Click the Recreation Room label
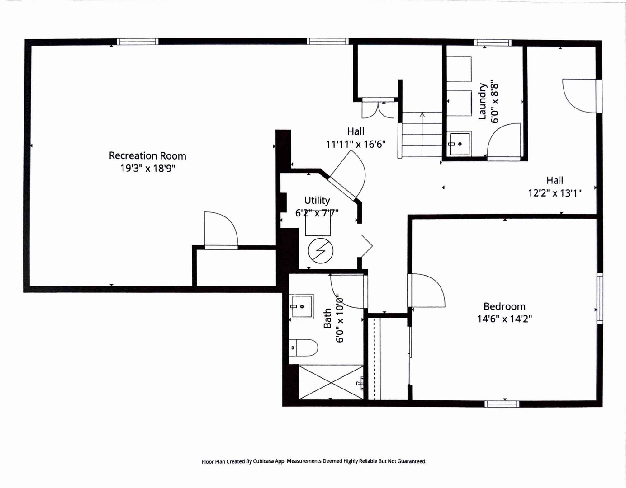[x=147, y=156]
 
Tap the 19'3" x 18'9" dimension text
[x=147, y=168]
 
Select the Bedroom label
[x=504, y=306]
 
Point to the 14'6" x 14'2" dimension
[x=504, y=319]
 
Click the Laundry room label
[x=482, y=101]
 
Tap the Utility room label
[x=317, y=200]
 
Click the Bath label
[x=327, y=318]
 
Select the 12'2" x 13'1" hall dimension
[x=555, y=193]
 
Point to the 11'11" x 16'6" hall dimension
[x=356, y=144]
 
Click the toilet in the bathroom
[x=303, y=347]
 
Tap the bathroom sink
[x=301, y=306]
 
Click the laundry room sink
[x=460, y=144]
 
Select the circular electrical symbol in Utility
[x=321, y=251]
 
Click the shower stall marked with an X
[x=331, y=382]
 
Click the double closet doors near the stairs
[x=378, y=110]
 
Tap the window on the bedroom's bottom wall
[x=502, y=404]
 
